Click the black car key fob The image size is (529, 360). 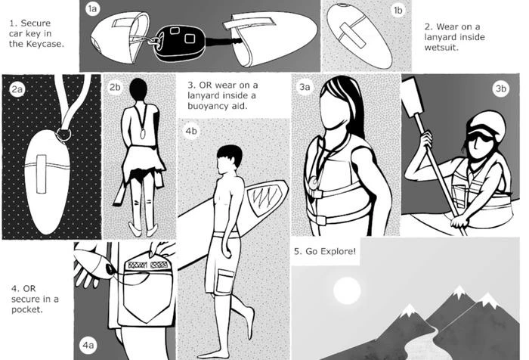pyautogui.click(x=179, y=43)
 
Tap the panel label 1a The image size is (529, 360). pyautogui.click(x=92, y=9)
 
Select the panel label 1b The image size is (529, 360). pyautogui.click(x=398, y=11)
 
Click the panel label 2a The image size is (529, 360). pyautogui.click(x=17, y=89)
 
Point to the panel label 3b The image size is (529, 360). pyautogui.click(x=500, y=88)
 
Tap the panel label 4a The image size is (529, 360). pyautogui.click(x=88, y=345)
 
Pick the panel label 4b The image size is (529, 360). pyautogui.click(x=191, y=131)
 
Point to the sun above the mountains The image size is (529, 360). pyautogui.click(x=347, y=290)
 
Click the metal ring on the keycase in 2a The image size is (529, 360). pyautogui.click(x=63, y=135)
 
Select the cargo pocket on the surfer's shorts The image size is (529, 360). pyautogui.click(x=224, y=281)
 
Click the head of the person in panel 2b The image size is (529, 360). pyautogui.click(x=138, y=89)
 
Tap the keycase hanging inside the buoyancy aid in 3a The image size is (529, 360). pyautogui.click(x=314, y=183)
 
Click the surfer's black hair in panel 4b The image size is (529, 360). pyautogui.click(x=230, y=154)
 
